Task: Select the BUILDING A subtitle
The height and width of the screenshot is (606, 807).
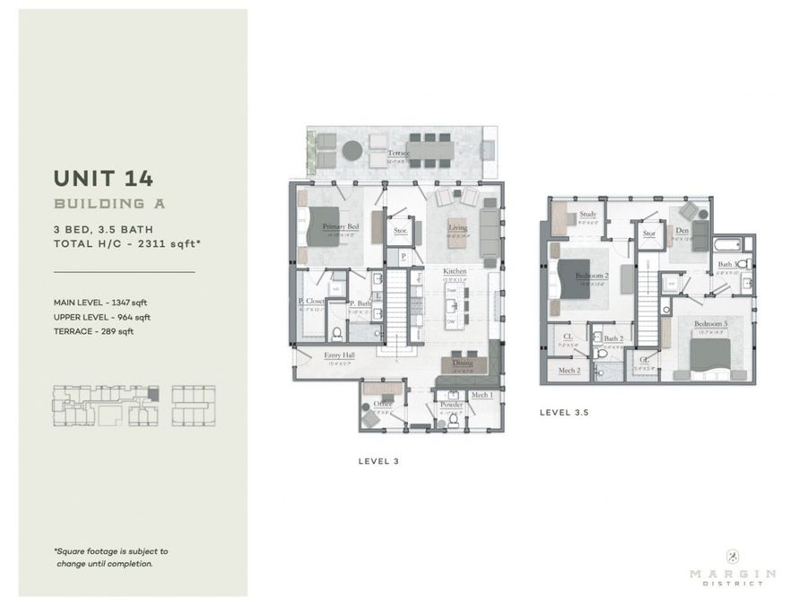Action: pos(109,204)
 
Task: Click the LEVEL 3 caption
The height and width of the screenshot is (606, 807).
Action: pos(377,461)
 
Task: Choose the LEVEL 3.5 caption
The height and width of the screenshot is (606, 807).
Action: pos(563,413)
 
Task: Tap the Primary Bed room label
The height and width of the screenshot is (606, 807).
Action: pos(341,226)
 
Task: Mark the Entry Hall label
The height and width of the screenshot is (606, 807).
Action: pos(341,356)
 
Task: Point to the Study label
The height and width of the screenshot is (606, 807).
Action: pos(588,215)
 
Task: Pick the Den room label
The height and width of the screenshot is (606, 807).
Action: pos(682,230)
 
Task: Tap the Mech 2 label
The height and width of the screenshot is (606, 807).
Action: pos(569,370)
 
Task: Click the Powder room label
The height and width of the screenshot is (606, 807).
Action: pos(451,405)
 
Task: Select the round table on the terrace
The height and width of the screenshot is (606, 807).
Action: pos(353,150)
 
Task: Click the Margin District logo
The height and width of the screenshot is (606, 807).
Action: pos(733,571)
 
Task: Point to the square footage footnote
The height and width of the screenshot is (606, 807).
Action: pos(110,558)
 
